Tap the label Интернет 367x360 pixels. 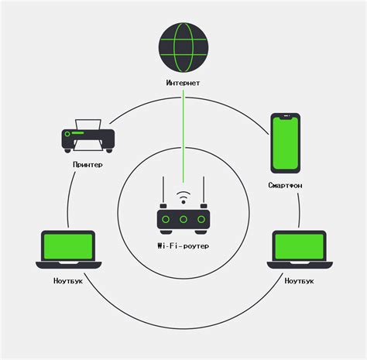pos(183,81)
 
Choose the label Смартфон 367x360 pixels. pos(286,186)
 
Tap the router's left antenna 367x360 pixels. pos(163,192)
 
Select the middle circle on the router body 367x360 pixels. pos(183,221)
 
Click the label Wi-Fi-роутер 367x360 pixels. pos(183,245)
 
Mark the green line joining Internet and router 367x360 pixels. pos(183,132)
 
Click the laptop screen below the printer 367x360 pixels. pos(65,247)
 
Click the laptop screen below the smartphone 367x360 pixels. pos(299,247)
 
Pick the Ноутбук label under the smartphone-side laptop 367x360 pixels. pos(299,280)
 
